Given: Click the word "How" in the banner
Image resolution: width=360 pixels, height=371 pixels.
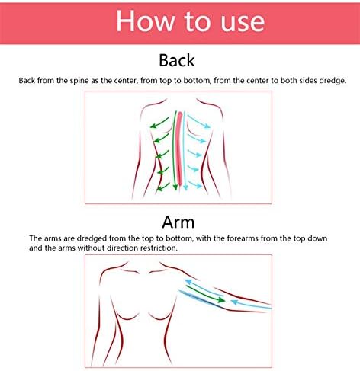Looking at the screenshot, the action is pyautogui.click(x=144, y=21).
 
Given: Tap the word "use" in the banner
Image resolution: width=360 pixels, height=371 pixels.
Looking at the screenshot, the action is pyautogui.click(x=243, y=24).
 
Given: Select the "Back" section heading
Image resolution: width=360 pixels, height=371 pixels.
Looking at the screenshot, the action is pyautogui.click(x=177, y=60).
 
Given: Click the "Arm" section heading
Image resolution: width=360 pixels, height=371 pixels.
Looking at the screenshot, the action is pyautogui.click(x=178, y=222).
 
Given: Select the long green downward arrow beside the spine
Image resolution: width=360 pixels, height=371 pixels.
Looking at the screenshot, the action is pyautogui.click(x=175, y=150).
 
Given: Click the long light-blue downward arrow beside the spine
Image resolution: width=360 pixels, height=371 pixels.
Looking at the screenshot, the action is pyautogui.click(x=185, y=151).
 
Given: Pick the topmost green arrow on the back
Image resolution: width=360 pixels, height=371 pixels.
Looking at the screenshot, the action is pyautogui.click(x=159, y=123).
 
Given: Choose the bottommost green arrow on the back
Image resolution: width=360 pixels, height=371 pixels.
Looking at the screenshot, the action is pyautogui.click(x=162, y=187).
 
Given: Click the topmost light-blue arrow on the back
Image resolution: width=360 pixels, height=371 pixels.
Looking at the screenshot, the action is pyautogui.click(x=199, y=122).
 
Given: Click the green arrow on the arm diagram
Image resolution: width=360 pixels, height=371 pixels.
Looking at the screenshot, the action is pyautogui.click(x=206, y=294).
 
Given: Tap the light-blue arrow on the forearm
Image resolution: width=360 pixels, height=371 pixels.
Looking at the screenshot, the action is pyautogui.click(x=251, y=305).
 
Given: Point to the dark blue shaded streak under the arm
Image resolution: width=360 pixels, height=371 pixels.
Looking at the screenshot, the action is pyautogui.click(x=201, y=299).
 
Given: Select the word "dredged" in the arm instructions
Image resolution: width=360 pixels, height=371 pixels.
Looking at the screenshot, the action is pyautogui.click(x=92, y=239).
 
